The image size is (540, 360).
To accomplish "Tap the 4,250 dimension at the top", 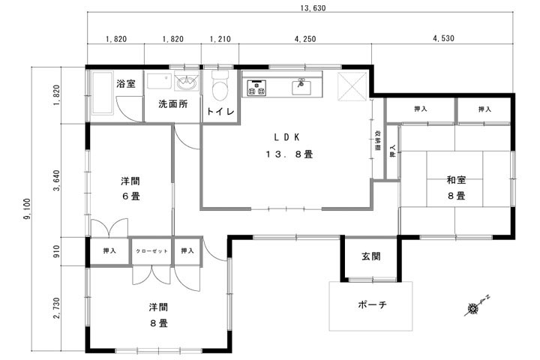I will click(304, 38).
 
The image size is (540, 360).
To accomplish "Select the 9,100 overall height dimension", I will click(27, 209).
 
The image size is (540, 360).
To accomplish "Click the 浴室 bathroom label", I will click(126, 84).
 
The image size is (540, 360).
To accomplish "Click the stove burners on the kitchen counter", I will click(256, 87).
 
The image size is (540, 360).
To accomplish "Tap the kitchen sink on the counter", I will click(301, 87).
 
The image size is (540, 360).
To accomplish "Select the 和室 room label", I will click(457, 180).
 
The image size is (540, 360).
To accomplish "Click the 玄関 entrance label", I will click(370, 256).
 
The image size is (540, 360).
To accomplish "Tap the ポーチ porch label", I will click(372, 306).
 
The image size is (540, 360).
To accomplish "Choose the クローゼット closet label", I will click(152, 250).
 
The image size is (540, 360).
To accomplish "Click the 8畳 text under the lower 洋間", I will click(157, 323).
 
